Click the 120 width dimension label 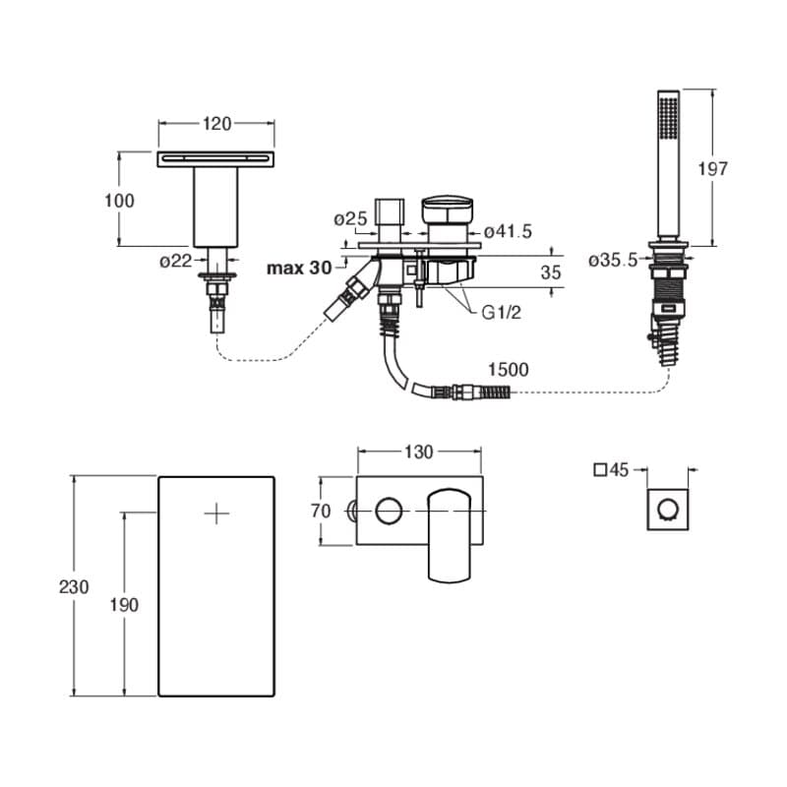216,124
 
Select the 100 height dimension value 119,201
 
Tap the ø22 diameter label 176,261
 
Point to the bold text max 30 299,268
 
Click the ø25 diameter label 351,218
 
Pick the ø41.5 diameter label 508,231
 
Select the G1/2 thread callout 502,313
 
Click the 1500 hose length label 509,370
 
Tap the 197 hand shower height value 712,168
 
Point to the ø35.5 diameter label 613,261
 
